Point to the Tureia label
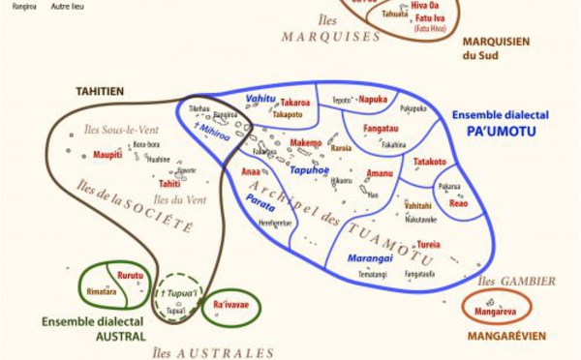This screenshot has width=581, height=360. [x=429, y=244]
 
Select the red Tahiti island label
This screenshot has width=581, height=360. [x=169, y=183]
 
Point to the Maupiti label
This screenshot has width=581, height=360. [x=107, y=154]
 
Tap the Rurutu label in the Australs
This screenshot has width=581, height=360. [x=130, y=275]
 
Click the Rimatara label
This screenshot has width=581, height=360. [x=101, y=290]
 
